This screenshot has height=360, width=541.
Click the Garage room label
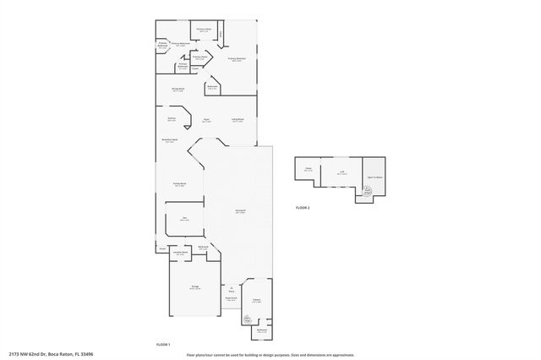(195, 288)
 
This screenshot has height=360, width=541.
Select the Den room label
(183, 219)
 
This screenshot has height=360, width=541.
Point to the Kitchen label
(172, 119)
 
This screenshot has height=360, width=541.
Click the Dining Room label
(178, 90)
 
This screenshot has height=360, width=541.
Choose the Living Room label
(238, 120)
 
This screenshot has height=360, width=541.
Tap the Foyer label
(205, 121)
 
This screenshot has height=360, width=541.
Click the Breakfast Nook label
(169, 140)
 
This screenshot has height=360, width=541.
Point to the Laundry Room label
(179, 253)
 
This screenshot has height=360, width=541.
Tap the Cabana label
(255, 300)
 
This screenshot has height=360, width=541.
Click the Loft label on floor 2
(342, 173)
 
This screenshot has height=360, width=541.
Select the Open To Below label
(374, 177)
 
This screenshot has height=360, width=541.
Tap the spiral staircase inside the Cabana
(248, 319)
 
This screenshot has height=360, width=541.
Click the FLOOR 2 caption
(303, 207)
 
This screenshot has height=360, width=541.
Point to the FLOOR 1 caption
(163, 344)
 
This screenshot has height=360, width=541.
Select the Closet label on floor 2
(308, 170)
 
